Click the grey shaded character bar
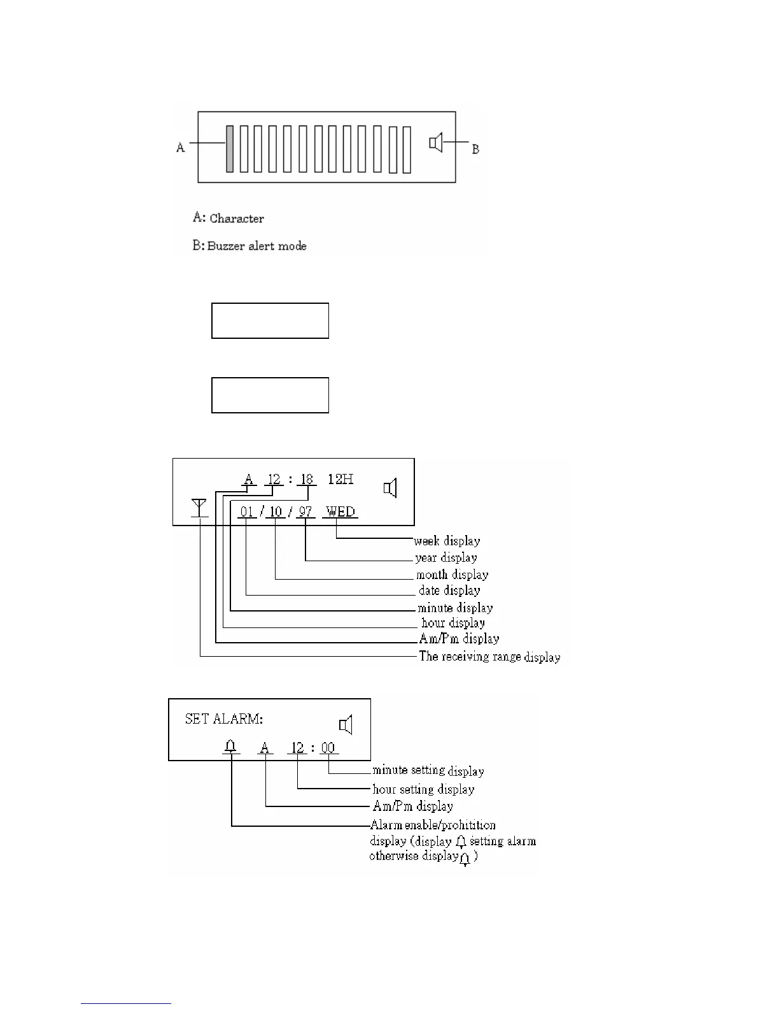tap(230, 148)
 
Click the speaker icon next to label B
tap(436, 143)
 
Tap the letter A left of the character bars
tap(181, 148)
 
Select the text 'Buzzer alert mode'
tap(257, 246)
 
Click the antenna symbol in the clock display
tap(199, 508)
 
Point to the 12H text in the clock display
tap(340, 479)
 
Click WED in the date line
tap(340, 511)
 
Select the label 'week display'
tap(447, 541)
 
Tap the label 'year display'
tap(446, 558)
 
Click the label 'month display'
tap(452, 575)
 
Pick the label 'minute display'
tap(455, 608)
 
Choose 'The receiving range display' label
tap(489, 656)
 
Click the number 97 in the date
tap(305, 512)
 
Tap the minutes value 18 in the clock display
tap(307, 479)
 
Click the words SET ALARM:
tap(223, 719)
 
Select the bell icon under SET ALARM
tap(231, 746)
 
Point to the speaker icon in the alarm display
tap(346, 724)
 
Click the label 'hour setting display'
tap(423, 789)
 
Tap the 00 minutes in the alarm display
tap(328, 748)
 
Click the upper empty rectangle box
tap(270, 320)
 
